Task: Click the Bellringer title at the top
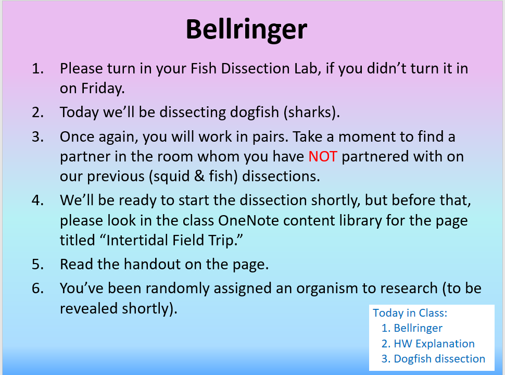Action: tap(246, 30)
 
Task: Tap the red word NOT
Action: tap(323, 157)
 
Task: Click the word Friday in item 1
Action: tap(103, 89)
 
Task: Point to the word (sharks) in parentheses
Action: tap(311, 113)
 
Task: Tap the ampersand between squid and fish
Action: tap(199, 176)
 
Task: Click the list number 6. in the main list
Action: tap(37, 289)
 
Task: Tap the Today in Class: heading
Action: tap(410, 313)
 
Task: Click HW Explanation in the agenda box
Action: tap(434, 344)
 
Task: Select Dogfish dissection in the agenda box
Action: tap(439, 359)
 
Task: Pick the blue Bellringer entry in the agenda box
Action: tap(418, 328)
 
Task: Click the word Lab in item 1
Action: tap(308, 69)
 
